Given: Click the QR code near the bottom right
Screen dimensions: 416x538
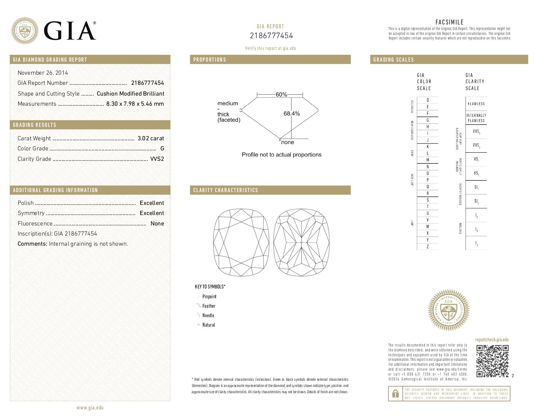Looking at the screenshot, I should (492, 361).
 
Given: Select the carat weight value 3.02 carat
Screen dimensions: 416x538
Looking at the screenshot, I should (151, 138).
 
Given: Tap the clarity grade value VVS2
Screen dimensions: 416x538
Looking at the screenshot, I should (157, 159).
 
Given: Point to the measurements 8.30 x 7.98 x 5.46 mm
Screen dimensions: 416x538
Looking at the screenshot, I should (135, 104).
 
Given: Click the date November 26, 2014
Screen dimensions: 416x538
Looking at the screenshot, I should (43, 73).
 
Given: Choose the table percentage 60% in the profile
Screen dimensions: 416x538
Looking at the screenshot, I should (281, 95).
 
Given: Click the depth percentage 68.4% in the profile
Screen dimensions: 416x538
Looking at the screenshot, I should (291, 114).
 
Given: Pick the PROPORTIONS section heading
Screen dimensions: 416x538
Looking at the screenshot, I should (210, 60).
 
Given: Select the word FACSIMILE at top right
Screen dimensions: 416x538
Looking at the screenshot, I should (449, 22).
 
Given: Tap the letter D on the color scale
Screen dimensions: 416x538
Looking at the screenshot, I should (427, 100).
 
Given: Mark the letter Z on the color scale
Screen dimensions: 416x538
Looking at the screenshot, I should (427, 247).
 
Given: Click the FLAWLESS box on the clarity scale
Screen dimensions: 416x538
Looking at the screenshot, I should (476, 104).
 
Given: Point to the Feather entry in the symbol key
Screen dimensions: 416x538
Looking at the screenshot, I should (209, 306).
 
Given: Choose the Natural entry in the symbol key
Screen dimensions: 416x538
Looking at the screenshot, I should (208, 325).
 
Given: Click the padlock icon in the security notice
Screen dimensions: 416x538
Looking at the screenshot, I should (395, 394).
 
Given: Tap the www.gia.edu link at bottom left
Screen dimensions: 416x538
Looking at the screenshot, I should (90, 408).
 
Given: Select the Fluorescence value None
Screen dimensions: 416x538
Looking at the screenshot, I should (157, 223).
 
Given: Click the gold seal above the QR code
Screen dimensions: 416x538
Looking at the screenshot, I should (448, 310).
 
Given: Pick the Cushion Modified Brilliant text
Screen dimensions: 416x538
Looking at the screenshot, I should (130, 94).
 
